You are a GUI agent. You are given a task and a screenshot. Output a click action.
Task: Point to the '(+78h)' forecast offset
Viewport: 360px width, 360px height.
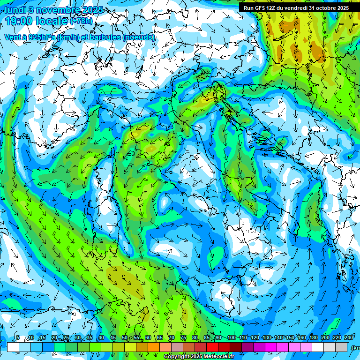[82, 21]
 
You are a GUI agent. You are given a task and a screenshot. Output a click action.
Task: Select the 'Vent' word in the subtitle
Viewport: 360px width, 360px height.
[12, 37]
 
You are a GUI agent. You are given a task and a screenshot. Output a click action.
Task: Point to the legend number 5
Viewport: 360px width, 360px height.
[18, 338]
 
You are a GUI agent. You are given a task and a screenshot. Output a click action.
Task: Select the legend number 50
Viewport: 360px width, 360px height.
[124, 338]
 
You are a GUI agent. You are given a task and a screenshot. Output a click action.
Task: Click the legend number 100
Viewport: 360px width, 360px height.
[231, 338]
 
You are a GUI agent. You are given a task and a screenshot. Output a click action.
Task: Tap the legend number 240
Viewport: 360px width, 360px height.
[349, 338]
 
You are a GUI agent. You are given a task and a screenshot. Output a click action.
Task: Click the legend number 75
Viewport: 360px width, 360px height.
[183, 338]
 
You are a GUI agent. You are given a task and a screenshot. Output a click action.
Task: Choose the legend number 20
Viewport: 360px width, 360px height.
[54, 338]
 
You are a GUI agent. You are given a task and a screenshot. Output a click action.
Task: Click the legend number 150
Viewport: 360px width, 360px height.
[290, 338]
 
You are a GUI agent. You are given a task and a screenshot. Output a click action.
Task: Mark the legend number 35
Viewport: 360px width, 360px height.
[89, 338]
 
